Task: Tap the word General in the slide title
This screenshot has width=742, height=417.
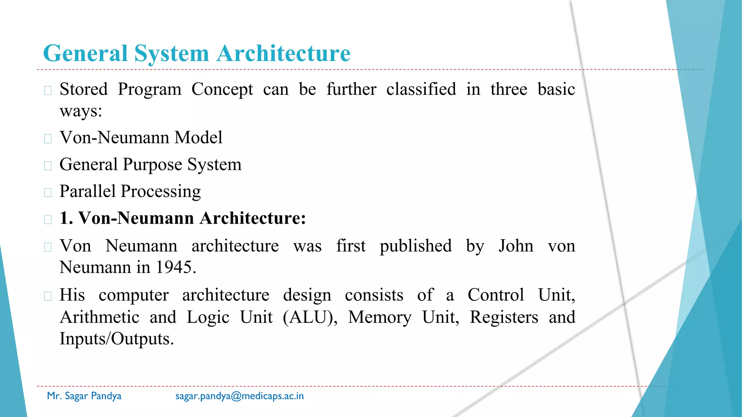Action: click(86, 54)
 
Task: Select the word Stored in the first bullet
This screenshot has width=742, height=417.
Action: click(84, 89)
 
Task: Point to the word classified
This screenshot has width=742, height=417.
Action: click(421, 89)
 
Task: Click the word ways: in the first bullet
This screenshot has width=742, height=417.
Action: click(81, 111)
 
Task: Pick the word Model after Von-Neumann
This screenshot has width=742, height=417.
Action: click(198, 138)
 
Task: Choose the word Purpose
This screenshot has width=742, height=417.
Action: click(152, 165)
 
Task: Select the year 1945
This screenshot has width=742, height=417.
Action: click(176, 267)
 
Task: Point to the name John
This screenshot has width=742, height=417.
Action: click(516, 246)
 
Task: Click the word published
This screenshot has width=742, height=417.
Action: click(416, 246)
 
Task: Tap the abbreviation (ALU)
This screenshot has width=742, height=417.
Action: click(310, 317)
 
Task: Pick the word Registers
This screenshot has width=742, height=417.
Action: click(504, 317)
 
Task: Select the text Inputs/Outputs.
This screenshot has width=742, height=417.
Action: click(117, 339)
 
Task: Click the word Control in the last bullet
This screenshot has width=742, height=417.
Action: click(496, 295)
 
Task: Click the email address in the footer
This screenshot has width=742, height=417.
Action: click(239, 396)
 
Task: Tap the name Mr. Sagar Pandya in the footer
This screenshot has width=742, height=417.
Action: click(84, 396)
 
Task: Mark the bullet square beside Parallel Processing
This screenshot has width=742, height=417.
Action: click(48, 193)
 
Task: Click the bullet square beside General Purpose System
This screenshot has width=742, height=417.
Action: click(48, 166)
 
